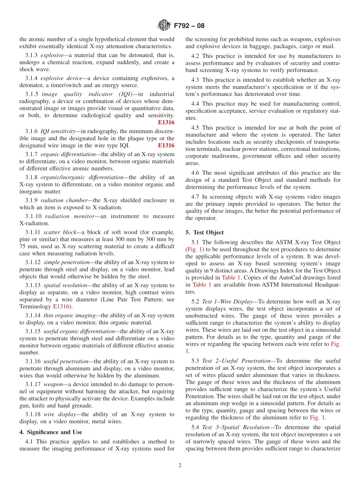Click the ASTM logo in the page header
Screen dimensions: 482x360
[164, 26]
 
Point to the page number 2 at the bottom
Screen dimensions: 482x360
[180, 465]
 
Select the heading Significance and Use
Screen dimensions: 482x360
[50, 432]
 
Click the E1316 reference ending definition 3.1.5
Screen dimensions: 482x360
[166, 122]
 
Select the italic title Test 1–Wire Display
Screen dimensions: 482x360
[227, 301]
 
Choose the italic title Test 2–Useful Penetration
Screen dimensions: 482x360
[236, 361]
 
